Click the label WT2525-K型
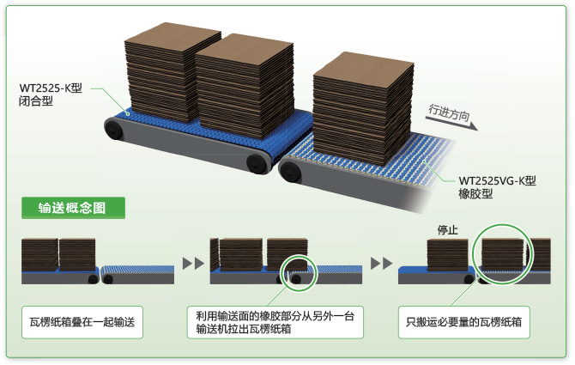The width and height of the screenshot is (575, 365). [54, 88]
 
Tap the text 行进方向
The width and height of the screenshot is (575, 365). [451, 115]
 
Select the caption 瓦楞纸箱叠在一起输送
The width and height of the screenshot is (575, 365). [82, 322]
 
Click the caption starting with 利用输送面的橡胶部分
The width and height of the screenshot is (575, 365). [274, 322]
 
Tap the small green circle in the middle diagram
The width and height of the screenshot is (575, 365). [297, 271]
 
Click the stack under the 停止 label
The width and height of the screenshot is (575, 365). [447, 255]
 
